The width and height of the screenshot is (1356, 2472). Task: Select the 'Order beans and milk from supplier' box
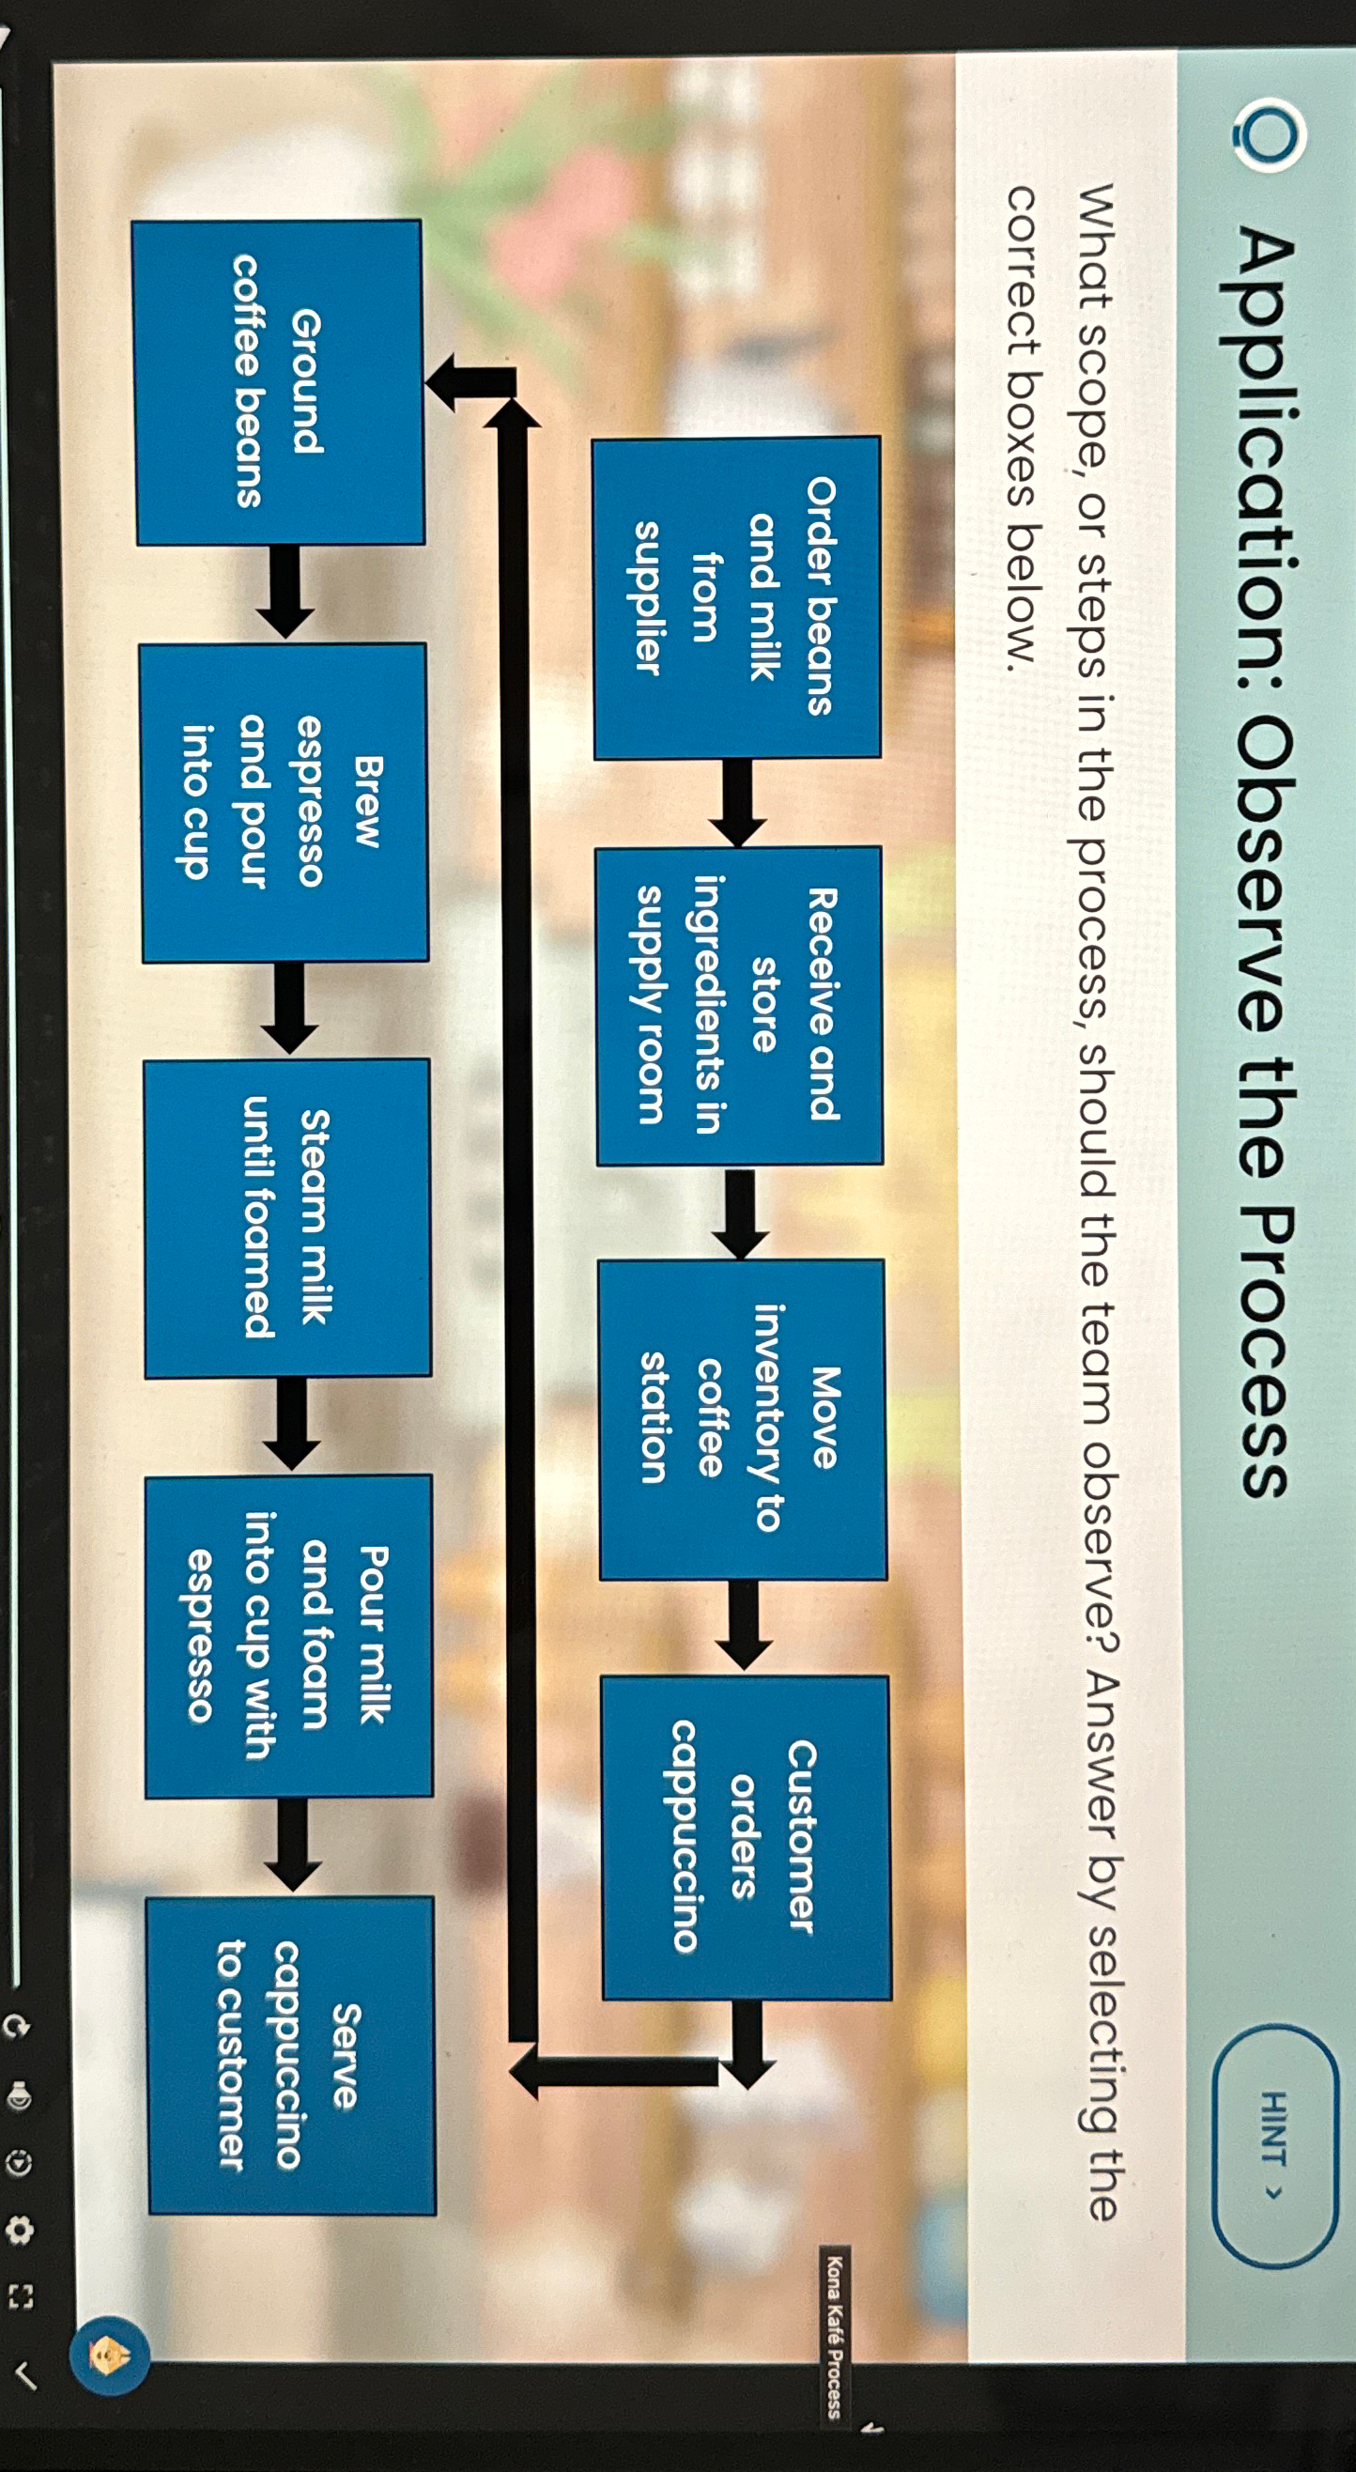tap(736, 597)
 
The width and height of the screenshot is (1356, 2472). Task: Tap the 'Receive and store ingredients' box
tap(738, 1006)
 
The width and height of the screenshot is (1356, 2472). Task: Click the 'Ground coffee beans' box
tap(278, 383)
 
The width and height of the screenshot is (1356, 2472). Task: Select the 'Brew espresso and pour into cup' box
tap(284, 802)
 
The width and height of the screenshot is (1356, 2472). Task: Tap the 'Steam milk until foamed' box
tap(287, 1218)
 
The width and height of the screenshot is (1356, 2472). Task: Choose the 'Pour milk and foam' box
tap(288, 1634)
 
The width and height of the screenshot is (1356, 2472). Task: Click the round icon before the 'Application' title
tap(1270, 135)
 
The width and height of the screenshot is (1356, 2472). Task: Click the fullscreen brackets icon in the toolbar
tap(20, 2296)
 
